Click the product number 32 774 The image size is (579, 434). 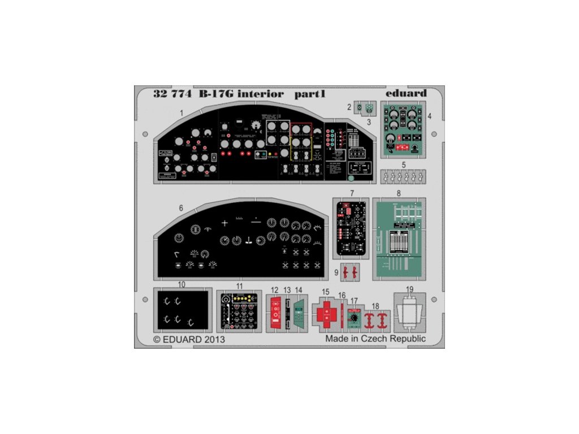[x=172, y=94]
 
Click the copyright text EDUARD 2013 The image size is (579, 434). [x=189, y=340]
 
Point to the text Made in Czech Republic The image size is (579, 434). [x=375, y=338]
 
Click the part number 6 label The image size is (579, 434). [x=181, y=208]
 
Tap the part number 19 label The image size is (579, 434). [x=410, y=289]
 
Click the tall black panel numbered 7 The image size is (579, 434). [x=351, y=228]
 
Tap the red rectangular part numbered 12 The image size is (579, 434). [x=275, y=313]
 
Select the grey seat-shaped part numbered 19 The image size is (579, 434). [x=411, y=314]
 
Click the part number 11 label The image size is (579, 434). [x=240, y=287]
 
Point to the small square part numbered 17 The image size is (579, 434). [x=355, y=318]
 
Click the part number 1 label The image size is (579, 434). [x=182, y=112]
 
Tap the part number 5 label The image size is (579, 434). [x=403, y=165]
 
